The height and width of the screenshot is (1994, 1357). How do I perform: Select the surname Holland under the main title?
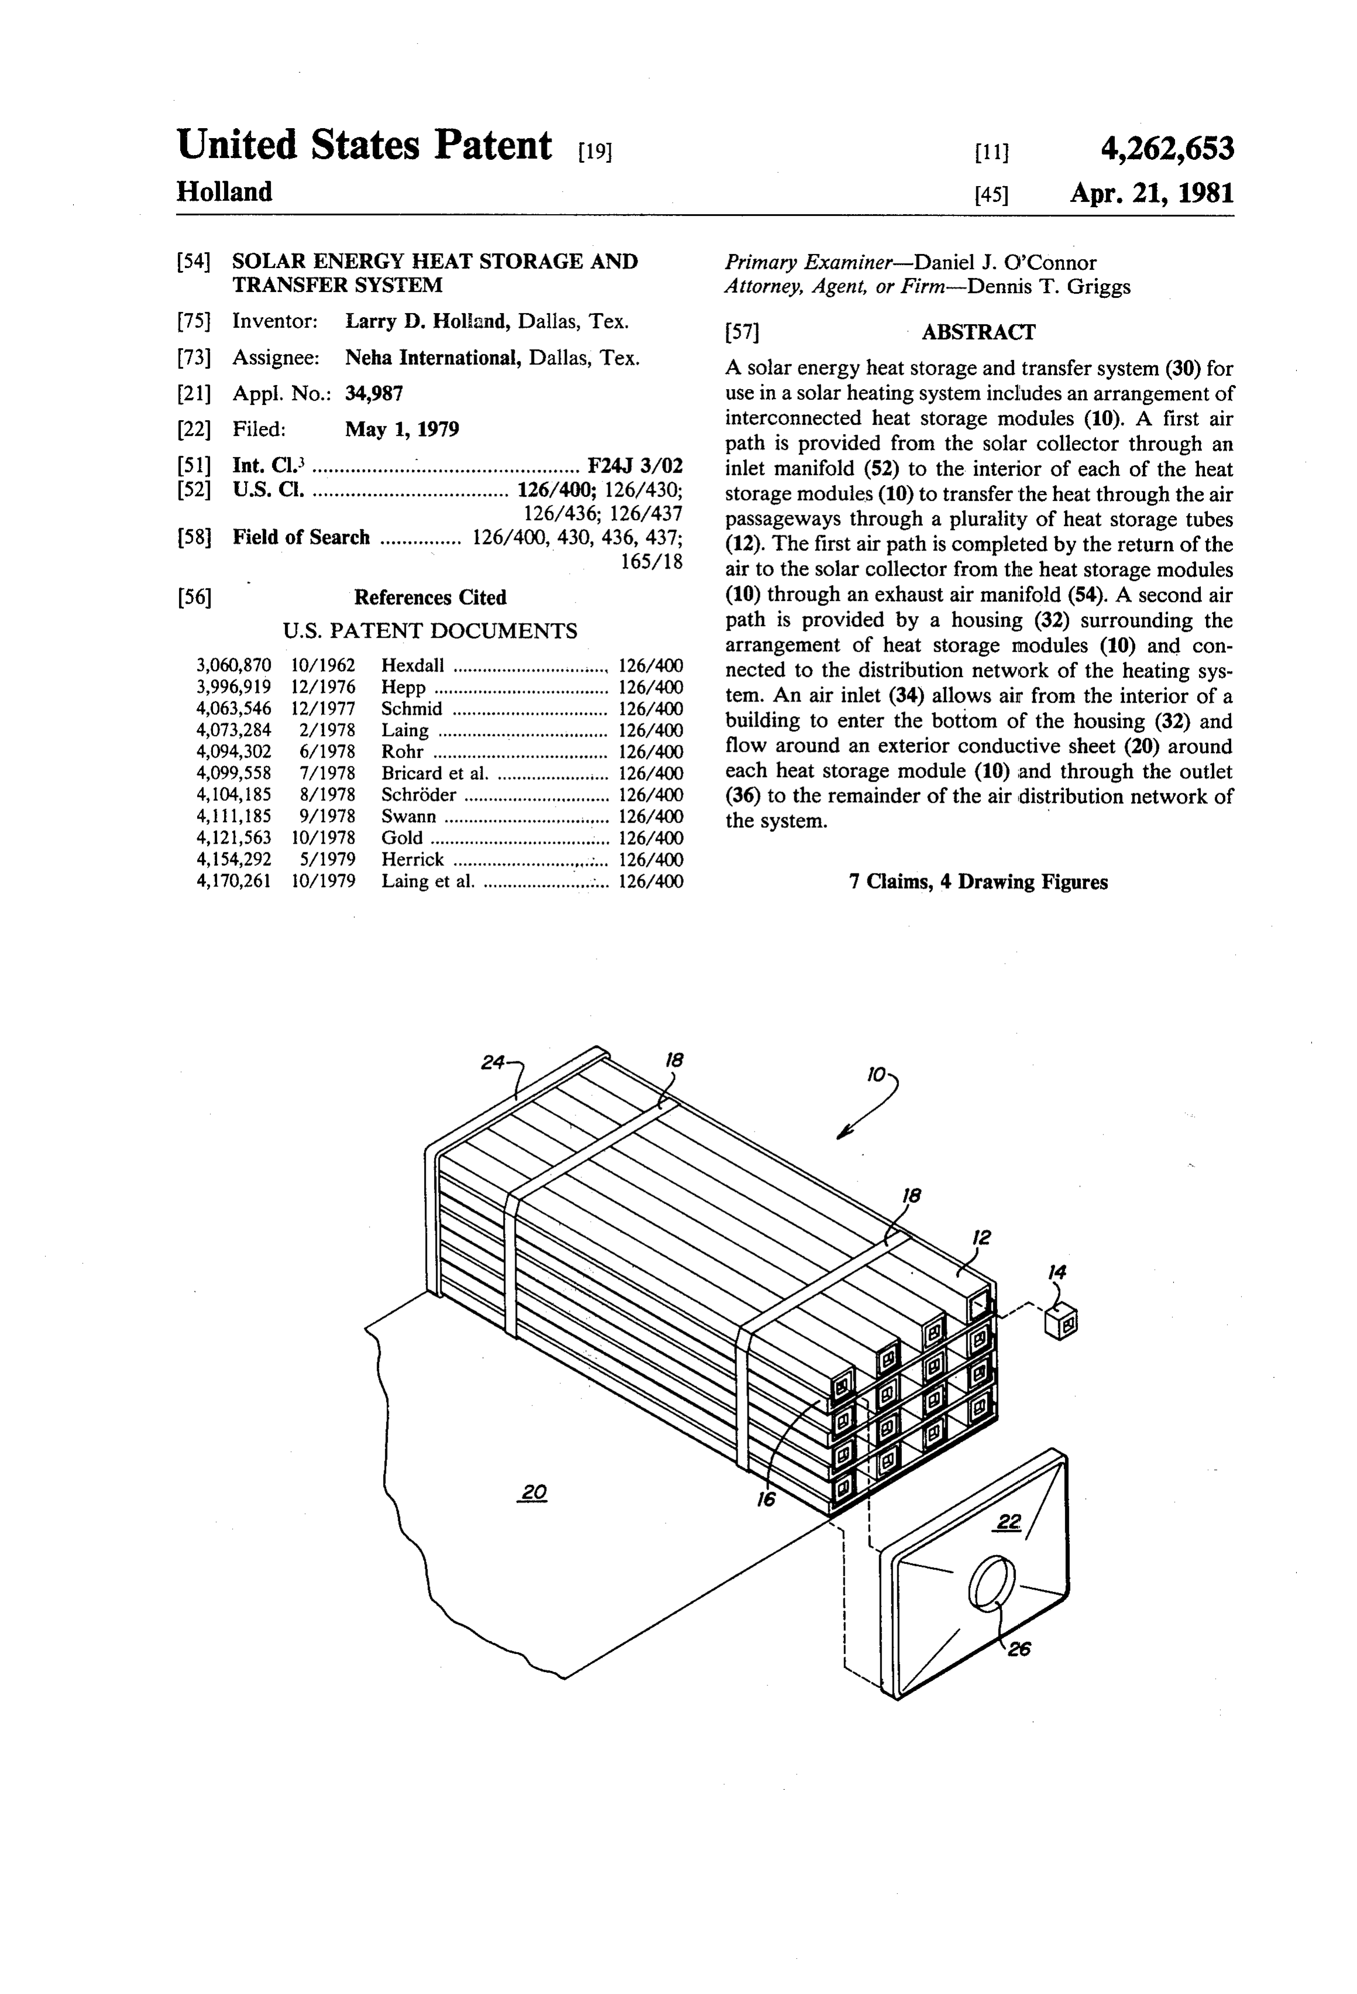point(224,191)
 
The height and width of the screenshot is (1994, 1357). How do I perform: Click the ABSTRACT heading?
point(979,332)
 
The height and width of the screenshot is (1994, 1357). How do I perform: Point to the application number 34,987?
point(374,394)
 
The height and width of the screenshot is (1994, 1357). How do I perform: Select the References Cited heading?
point(430,597)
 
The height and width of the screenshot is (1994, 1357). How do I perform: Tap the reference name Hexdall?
point(412,665)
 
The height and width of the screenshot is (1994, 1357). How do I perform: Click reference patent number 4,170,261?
point(234,881)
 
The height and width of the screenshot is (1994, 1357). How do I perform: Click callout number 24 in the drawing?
point(492,1062)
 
